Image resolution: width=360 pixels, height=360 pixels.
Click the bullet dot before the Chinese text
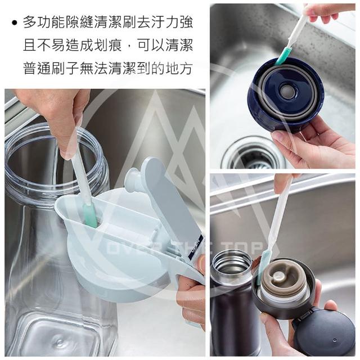(x=15, y=23)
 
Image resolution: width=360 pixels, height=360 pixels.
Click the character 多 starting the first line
(x=30, y=22)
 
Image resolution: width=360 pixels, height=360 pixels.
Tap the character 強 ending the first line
(x=186, y=22)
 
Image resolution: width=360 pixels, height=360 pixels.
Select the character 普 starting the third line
(x=30, y=68)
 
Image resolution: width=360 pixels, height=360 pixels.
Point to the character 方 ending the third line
(x=186, y=68)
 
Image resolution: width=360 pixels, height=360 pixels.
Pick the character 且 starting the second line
(x=30, y=45)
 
